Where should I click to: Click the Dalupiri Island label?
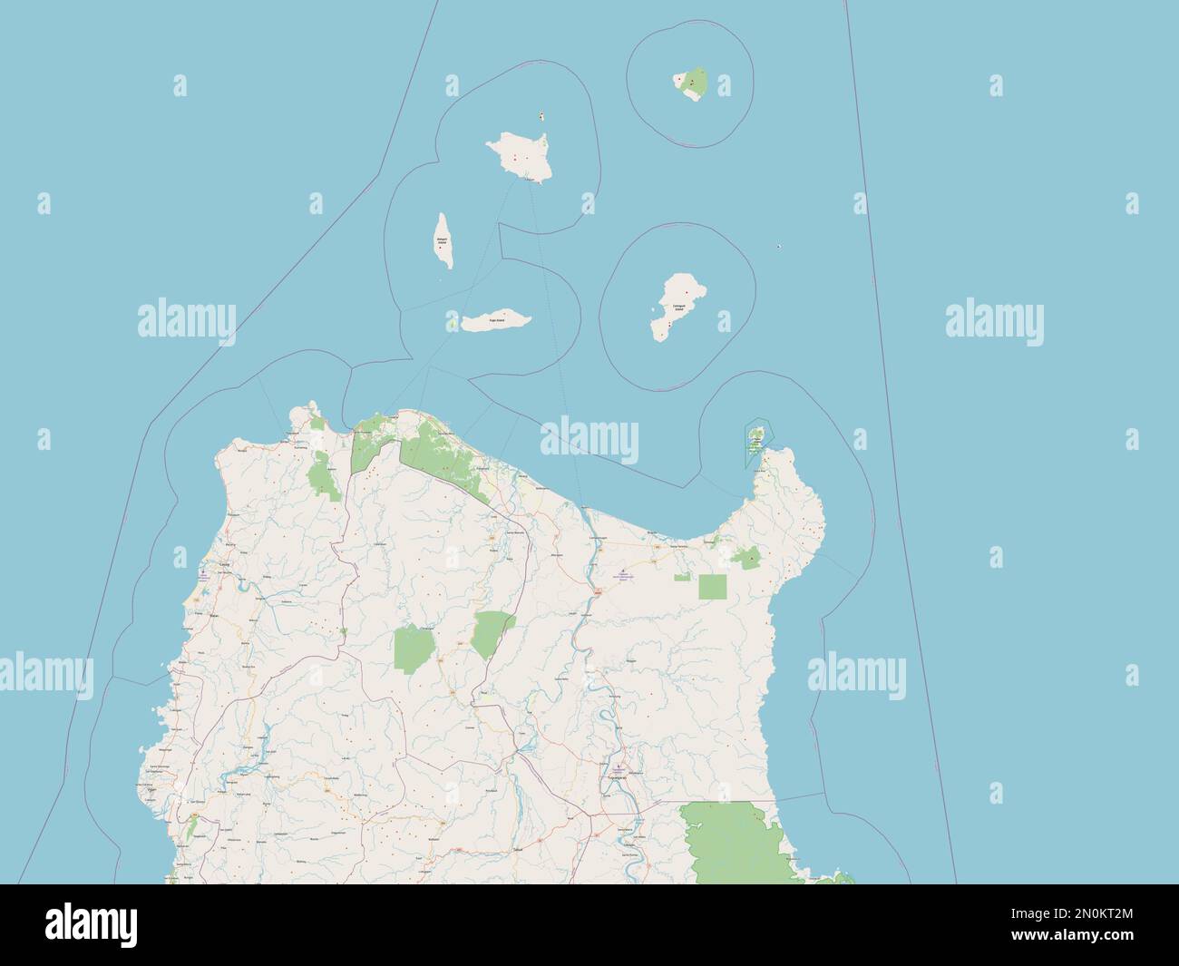442,241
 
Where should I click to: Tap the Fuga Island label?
496,321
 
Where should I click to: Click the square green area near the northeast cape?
712,587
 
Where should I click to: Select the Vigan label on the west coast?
151,791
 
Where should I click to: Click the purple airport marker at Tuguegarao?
619,767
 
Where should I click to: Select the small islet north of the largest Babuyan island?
541,117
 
